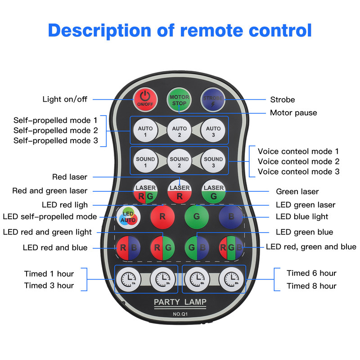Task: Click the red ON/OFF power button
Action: [x=145, y=99]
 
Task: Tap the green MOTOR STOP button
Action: [x=179, y=99]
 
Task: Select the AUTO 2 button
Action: [x=179, y=130]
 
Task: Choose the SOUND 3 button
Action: [x=213, y=161]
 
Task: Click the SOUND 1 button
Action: [x=145, y=161]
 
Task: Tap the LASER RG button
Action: [x=145, y=192]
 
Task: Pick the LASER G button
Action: [x=213, y=192]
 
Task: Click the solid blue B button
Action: [x=231, y=217]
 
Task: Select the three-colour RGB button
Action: [x=231, y=248]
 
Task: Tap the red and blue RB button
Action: [x=128, y=248]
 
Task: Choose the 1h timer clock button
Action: [x=128, y=279]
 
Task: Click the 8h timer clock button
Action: [x=231, y=279]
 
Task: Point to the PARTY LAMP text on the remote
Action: [x=180, y=302]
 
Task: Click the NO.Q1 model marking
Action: [x=180, y=314]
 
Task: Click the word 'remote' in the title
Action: [x=211, y=30]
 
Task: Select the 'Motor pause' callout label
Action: [x=293, y=113]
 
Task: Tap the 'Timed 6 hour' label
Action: [x=311, y=273]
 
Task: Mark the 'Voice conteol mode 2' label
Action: [x=298, y=162]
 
